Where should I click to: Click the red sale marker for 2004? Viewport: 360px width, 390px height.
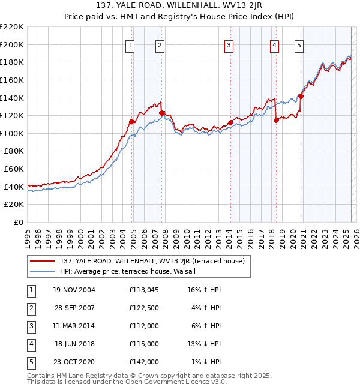[131, 121]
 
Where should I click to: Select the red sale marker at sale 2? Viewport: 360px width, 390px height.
[161, 113]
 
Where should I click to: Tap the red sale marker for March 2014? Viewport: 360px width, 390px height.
[230, 122]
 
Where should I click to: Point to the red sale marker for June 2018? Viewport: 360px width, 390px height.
[276, 120]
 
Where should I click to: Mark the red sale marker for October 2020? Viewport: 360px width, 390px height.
[301, 96]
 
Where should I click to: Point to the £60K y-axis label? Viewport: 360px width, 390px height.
[14, 169]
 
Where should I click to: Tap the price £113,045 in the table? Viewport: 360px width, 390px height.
[143, 290]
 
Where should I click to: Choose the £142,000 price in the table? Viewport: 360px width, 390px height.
[143, 362]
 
